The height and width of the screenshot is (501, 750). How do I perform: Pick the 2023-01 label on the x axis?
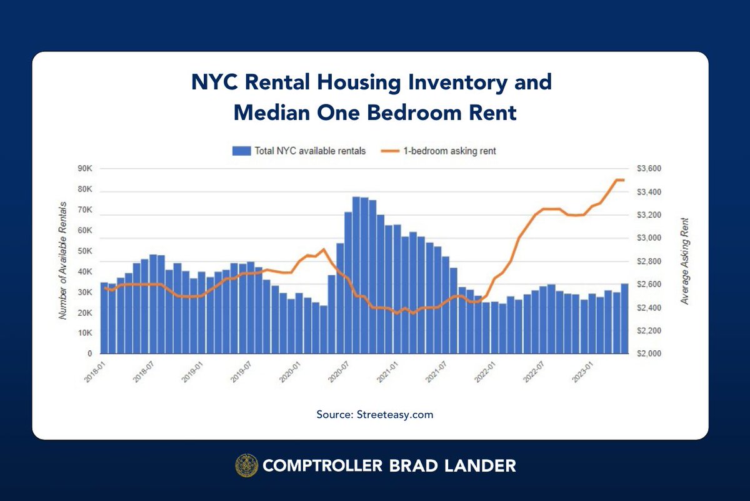coord(582,373)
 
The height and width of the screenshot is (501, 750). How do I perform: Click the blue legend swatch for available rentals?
coord(241,151)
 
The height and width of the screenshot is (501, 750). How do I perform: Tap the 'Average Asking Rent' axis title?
coord(684,261)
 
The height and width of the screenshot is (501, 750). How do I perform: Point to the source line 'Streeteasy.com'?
coord(395,414)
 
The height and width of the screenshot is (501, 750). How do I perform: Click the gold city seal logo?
coord(246,465)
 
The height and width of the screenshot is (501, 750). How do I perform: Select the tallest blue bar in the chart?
coord(356,275)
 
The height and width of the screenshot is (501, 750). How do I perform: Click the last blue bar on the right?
coord(624,319)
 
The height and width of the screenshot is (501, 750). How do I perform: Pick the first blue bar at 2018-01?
coord(104,318)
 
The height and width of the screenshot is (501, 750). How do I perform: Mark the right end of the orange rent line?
coord(624,180)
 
